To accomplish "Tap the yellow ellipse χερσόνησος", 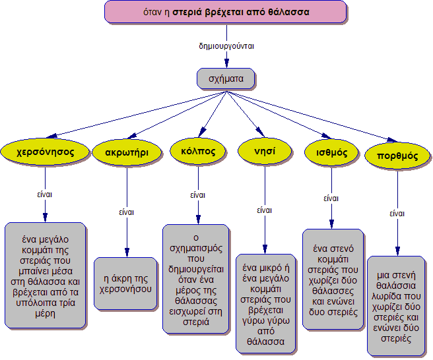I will click(44, 151).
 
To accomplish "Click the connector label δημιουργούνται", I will click(226, 47).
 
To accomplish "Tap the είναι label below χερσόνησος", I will click(45, 195).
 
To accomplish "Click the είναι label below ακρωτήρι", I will click(127, 212).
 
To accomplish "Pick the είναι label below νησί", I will click(264, 211).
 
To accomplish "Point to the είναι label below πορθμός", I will click(397, 214).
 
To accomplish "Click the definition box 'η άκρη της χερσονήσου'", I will click(125, 283).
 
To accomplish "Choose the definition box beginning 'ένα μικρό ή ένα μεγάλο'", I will click(266, 303).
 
